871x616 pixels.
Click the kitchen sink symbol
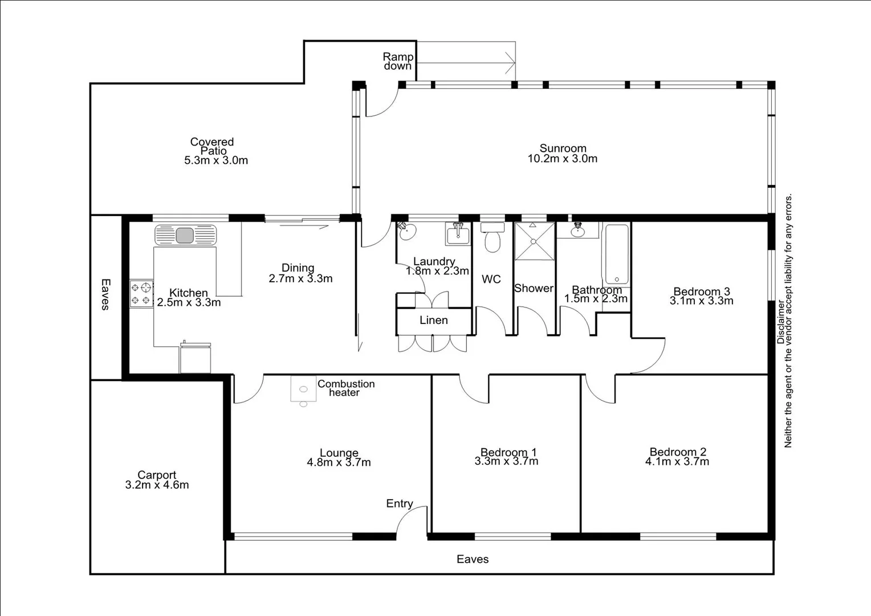(x=185, y=235)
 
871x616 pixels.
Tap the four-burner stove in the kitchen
(x=141, y=294)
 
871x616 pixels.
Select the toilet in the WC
(x=492, y=240)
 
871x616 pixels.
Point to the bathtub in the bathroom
(x=616, y=255)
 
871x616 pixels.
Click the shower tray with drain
(x=534, y=241)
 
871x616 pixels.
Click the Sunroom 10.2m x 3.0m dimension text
(x=562, y=159)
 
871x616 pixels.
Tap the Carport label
(x=157, y=475)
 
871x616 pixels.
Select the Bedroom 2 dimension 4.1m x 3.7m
(x=677, y=462)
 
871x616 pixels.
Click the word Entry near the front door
(x=399, y=504)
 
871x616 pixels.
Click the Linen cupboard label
(x=433, y=321)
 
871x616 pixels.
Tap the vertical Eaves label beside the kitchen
(x=105, y=294)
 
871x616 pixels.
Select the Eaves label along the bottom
(x=473, y=560)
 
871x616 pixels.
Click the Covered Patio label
(x=212, y=146)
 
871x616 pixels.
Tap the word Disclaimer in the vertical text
(x=780, y=322)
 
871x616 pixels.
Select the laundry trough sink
(x=458, y=234)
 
